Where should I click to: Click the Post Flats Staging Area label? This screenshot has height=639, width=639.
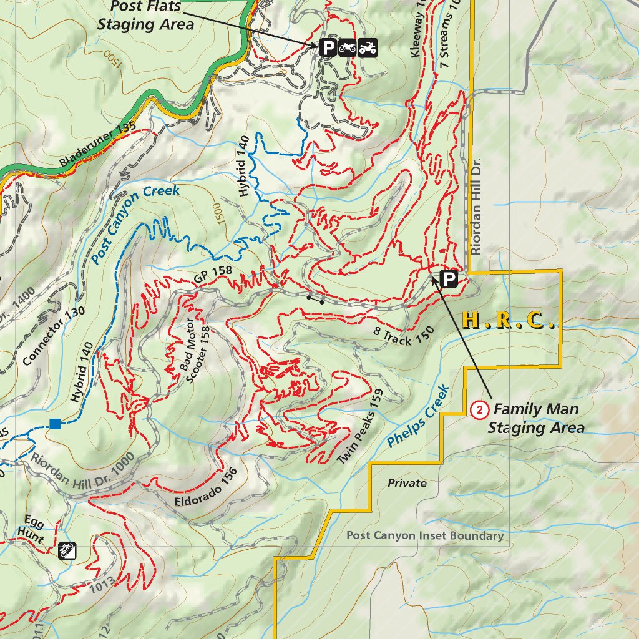click(145, 16)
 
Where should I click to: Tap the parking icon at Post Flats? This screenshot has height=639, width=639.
click(327, 47)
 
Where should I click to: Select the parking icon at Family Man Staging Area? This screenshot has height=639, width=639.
click(449, 278)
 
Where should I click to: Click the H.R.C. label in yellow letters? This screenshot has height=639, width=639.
click(509, 321)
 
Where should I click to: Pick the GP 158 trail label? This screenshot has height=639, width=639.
click(213, 277)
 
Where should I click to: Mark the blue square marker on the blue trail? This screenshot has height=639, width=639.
click(55, 424)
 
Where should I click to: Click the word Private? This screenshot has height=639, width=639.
click(407, 483)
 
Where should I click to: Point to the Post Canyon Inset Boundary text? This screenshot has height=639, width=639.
click(424, 536)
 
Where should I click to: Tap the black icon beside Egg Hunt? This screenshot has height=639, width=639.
click(67, 550)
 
